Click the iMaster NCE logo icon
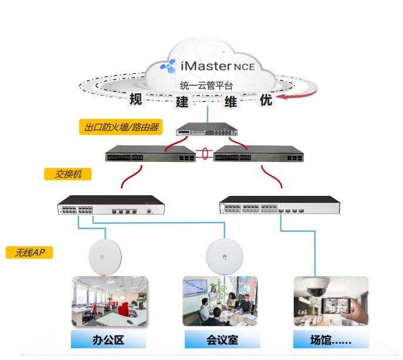coord(168,66)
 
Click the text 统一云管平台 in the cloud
coord(206,86)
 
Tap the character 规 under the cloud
coord(136,99)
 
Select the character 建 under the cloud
coord(182,101)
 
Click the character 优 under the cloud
coord(266,100)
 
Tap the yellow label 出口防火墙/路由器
coord(121,127)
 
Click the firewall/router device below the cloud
coord(208,128)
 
